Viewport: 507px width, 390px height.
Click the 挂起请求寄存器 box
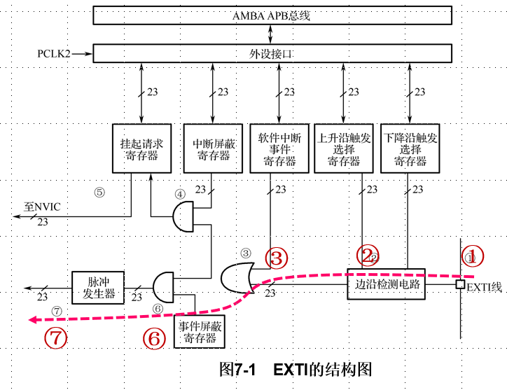(x=141, y=148)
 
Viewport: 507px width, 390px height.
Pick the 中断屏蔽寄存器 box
(x=211, y=148)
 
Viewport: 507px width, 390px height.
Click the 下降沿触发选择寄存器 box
(x=410, y=148)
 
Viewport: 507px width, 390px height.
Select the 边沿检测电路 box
(x=386, y=284)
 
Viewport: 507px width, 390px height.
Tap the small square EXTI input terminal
(x=460, y=284)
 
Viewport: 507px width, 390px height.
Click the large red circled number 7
(x=56, y=337)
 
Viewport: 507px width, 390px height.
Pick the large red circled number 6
(x=154, y=338)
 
